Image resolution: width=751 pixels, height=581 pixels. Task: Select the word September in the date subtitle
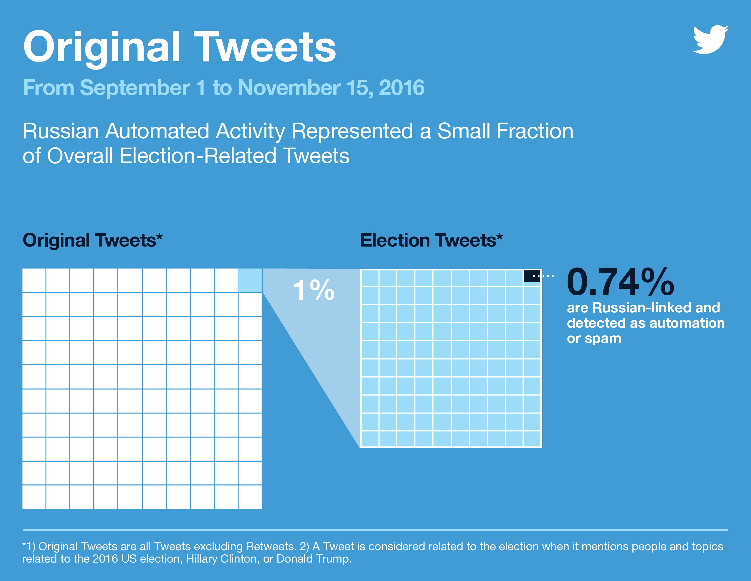pos(135,88)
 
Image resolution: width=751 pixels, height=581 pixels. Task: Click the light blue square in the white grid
pos(250,280)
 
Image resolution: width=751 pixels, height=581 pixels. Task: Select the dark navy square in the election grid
pos(532,276)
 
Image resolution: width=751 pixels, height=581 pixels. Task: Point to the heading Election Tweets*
pos(431,240)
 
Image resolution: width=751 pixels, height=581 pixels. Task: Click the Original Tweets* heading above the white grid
pos(92,240)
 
